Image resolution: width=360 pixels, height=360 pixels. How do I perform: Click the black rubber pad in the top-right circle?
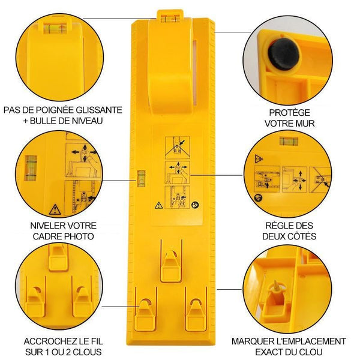[x=284, y=54]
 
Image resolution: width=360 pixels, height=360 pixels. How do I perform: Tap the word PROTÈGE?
[x=290, y=113]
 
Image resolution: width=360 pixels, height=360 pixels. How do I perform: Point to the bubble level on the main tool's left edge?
[x=141, y=178]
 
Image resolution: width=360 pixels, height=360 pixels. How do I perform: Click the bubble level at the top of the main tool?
[x=170, y=18]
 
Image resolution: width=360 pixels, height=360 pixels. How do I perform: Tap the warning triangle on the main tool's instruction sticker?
[x=159, y=205]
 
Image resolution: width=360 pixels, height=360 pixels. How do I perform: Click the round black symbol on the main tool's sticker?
[x=195, y=205]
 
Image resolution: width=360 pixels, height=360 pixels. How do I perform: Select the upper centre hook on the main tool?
[x=170, y=266]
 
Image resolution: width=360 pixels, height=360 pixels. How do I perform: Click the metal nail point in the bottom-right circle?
[x=277, y=286]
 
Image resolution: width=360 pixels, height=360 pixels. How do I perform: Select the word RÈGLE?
[x=277, y=226]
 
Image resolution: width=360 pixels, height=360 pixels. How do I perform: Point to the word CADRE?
[x=47, y=236]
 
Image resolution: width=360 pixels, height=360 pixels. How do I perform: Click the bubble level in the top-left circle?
[x=55, y=28]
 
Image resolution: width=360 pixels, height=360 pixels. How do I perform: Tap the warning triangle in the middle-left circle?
[x=55, y=209]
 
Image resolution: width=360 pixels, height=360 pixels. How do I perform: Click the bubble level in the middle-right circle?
[x=289, y=141]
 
